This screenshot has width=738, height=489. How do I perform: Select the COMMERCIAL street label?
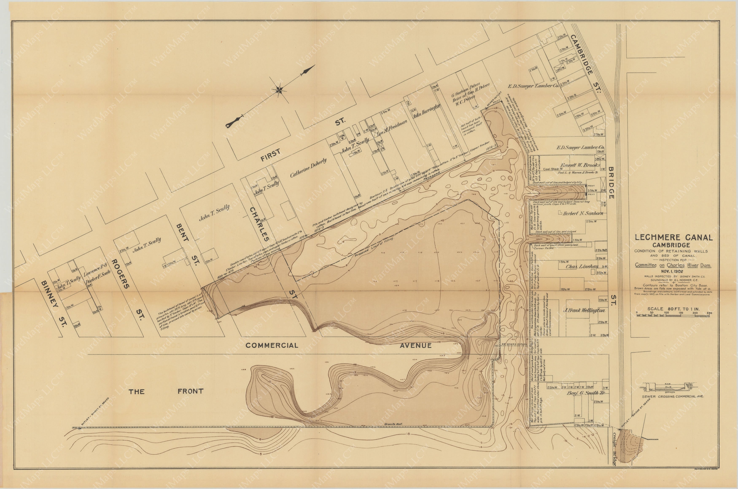[272, 345]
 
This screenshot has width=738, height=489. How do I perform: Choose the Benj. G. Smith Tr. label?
[586, 393]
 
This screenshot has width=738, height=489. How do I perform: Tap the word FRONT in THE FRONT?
[190, 391]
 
